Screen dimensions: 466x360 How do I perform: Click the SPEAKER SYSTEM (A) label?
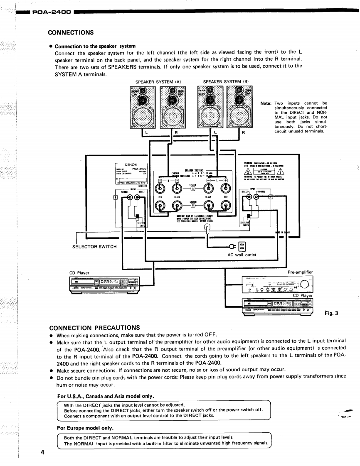pos(158,81)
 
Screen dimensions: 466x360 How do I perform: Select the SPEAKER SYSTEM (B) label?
pos(225,81)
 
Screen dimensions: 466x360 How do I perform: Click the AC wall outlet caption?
pos(242,255)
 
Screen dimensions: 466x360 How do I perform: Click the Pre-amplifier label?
pos(300,272)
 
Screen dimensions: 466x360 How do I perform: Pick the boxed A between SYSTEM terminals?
pos(192,189)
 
